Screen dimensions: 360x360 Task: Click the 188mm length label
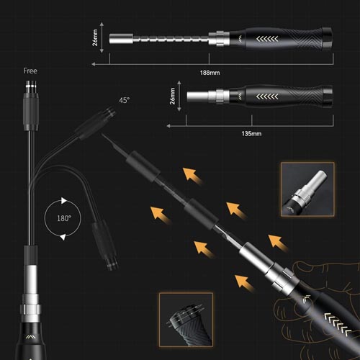tap(210, 73)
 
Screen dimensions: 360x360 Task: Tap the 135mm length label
tap(251, 134)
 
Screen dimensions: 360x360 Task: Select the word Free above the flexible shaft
tap(30, 71)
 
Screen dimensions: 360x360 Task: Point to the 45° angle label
tap(125, 100)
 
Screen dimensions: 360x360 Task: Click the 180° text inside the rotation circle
tap(64, 218)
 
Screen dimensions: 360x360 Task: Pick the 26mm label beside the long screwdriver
tap(95, 37)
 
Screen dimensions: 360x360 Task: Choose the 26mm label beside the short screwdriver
tap(172, 96)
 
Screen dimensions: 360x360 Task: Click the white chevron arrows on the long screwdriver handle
tap(267, 39)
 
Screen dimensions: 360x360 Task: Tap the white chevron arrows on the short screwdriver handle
tap(267, 96)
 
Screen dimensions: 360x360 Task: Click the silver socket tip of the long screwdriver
tap(121, 39)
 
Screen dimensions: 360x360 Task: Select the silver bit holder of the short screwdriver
tap(198, 96)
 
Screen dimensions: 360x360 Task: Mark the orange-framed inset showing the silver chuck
tap(307, 189)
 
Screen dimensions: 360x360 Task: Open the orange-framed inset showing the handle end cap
tap(186, 320)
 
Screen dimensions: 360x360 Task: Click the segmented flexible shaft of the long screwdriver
tap(171, 39)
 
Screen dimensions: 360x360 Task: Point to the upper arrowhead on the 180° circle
tap(63, 200)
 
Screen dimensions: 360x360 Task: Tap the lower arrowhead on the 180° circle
tap(63, 237)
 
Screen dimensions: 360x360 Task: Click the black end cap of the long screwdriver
tap(327, 38)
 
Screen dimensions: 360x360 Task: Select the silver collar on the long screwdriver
tap(219, 38)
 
